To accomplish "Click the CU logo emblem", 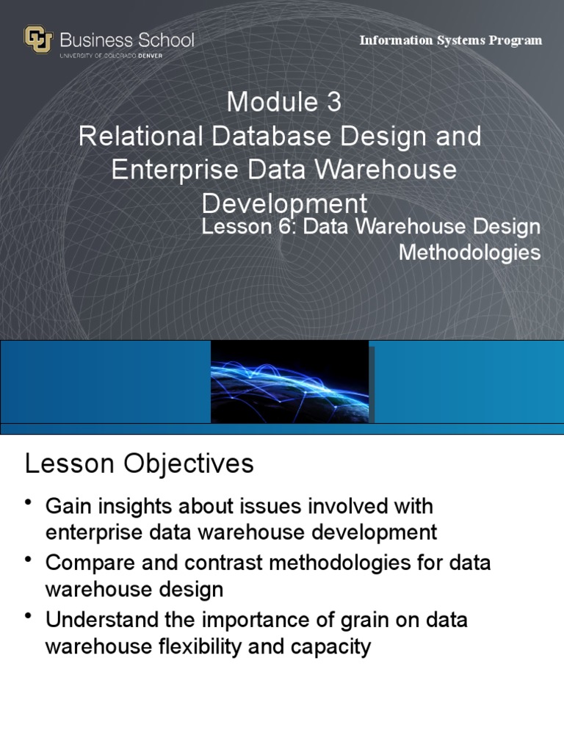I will (38, 40).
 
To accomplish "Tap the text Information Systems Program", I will (450, 40).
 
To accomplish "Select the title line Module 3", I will (283, 103).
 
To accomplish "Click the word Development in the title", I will (283, 203).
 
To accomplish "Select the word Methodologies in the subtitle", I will (469, 253).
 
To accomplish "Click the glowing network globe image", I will (289, 382).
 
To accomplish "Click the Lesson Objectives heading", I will (140, 464).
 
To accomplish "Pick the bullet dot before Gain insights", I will (29, 503).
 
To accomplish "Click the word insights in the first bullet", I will (138, 506).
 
